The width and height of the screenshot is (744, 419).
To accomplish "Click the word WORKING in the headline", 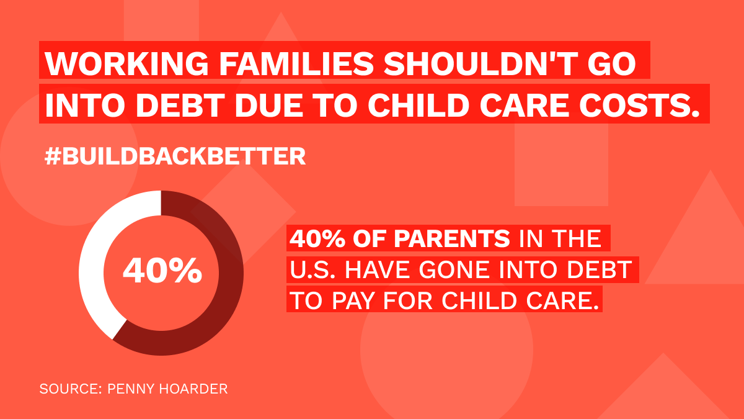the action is tap(126, 63).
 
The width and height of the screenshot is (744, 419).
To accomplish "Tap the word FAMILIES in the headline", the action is tap(296, 63).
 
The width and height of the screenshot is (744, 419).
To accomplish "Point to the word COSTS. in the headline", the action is tap(639, 105).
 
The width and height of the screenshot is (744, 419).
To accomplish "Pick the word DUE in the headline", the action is tap(269, 105).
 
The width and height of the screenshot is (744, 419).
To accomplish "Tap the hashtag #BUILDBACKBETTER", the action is tap(175, 156).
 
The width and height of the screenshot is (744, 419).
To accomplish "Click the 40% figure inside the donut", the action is tap(162, 271).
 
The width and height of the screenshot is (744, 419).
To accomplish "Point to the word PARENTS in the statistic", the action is tap(452, 238).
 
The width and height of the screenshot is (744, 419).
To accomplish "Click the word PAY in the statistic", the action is tap(353, 301).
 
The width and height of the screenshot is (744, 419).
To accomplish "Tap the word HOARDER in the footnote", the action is tap(193, 389).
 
